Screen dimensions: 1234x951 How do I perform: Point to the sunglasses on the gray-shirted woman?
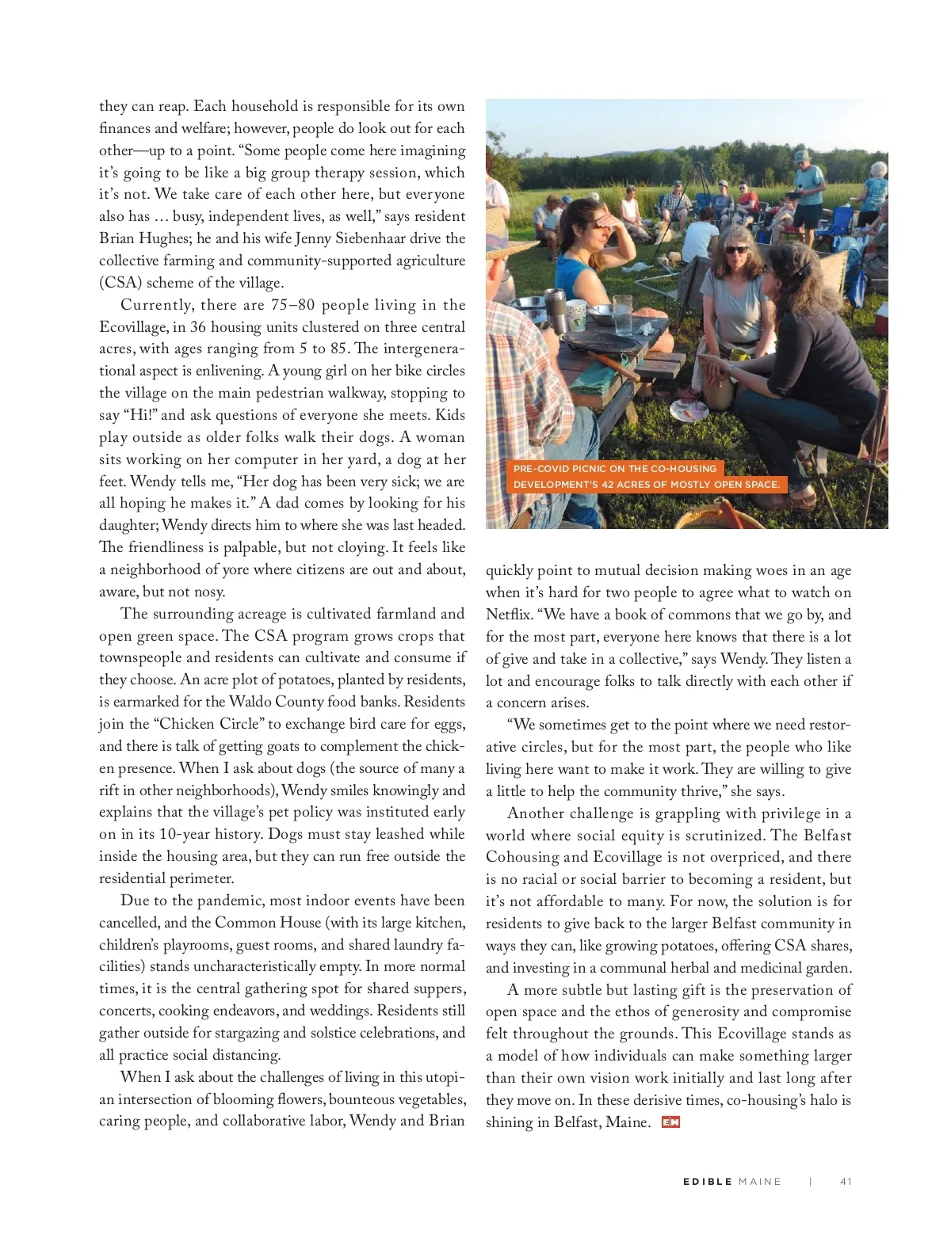pyautogui.click(x=736, y=249)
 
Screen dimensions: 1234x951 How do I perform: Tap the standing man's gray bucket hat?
pyautogui.click(x=801, y=155)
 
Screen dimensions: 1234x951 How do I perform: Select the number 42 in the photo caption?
pyautogui.click(x=609, y=484)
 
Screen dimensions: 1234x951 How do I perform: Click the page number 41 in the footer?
pyautogui.click(x=846, y=1181)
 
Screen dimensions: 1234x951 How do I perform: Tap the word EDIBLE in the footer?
pyautogui.click(x=707, y=1181)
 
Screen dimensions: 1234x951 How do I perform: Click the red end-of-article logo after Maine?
pyautogui.click(x=670, y=1122)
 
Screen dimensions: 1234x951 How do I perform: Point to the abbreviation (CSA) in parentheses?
pyautogui.click(x=120, y=283)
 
